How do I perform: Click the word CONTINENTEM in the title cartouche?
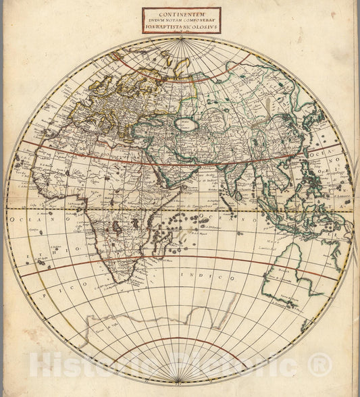point(181,12)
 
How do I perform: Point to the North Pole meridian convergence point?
point(181,39)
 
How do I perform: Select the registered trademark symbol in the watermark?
point(315,366)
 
